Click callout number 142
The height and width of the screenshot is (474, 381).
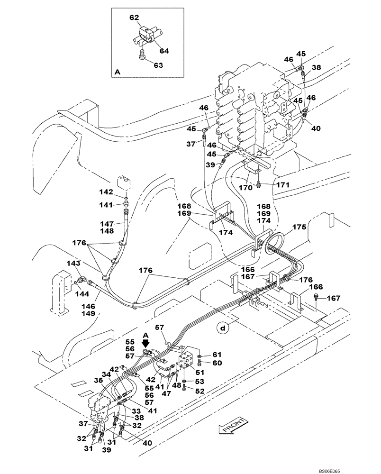[x=107, y=192]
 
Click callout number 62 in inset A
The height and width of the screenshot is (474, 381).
[x=134, y=18]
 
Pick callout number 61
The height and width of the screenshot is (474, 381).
[x=217, y=354]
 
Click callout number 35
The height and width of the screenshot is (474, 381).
[x=99, y=379]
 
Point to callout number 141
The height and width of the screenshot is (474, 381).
[x=107, y=205]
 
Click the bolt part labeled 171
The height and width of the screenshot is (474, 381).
[x=259, y=183]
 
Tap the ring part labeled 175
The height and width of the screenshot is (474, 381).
[x=274, y=241]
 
